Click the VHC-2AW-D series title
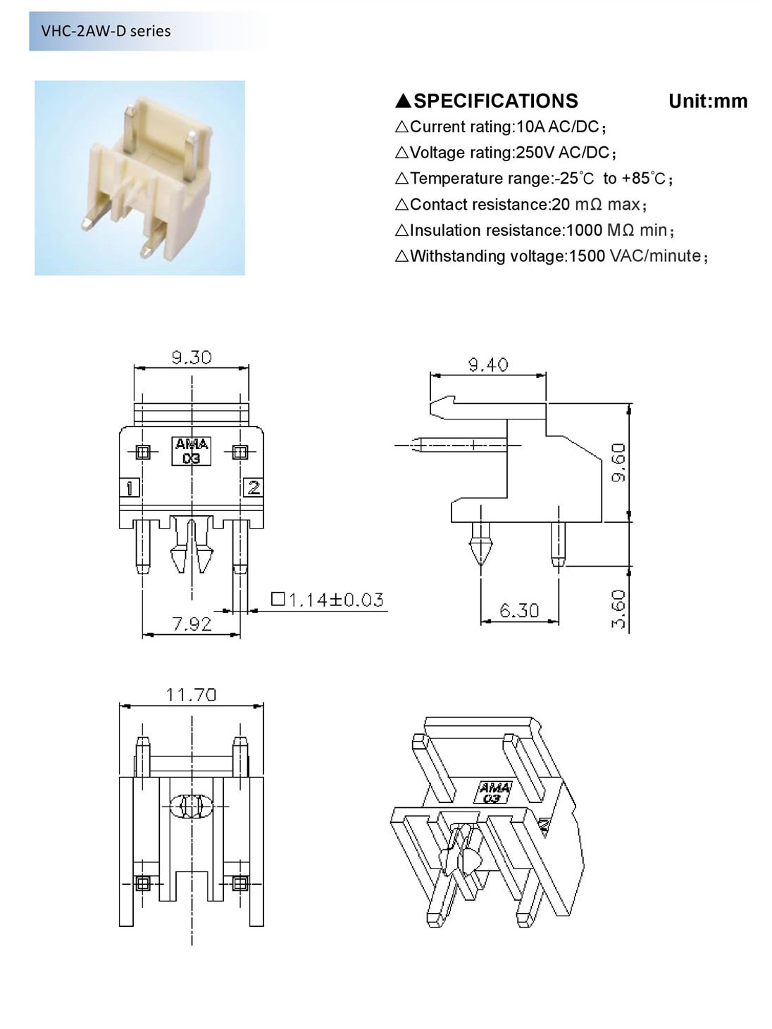[106, 31]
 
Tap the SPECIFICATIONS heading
[496, 101]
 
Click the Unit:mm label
[708, 101]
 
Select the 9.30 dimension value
[192, 358]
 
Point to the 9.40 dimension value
[488, 365]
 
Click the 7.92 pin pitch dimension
[192, 624]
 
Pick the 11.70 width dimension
[192, 694]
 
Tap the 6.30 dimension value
[519, 610]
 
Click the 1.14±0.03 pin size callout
[328, 600]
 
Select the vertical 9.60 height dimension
[618, 462]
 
